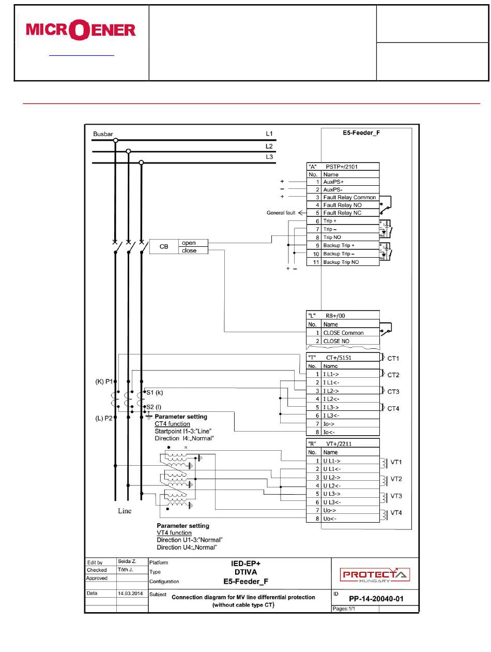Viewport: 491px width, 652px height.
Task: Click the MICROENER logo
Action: tap(80, 29)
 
